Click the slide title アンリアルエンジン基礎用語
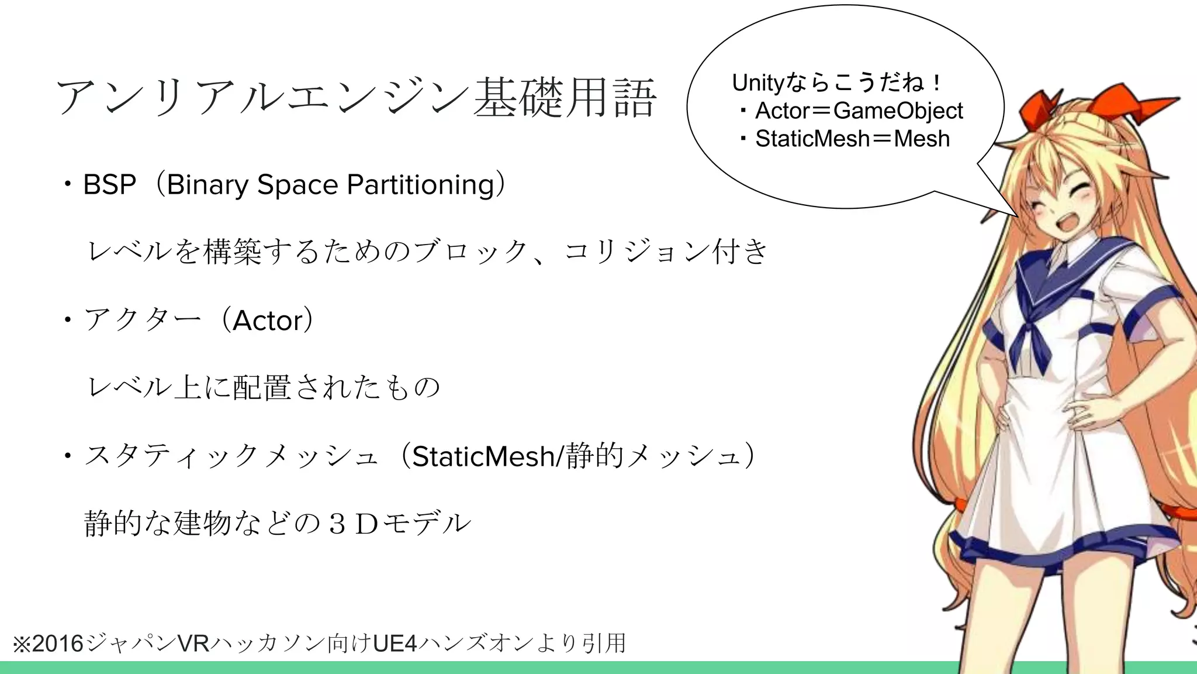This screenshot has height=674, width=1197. (357, 97)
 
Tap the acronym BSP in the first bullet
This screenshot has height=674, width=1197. (109, 185)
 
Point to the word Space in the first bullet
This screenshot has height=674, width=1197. (297, 185)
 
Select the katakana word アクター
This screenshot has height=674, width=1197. (143, 321)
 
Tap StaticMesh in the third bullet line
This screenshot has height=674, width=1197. (483, 456)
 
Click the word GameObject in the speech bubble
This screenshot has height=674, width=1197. (898, 111)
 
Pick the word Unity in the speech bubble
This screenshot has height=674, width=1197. (757, 83)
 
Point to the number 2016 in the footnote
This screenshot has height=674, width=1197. (58, 644)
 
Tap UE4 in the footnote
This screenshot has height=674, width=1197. (395, 644)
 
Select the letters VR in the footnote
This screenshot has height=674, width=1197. (193, 644)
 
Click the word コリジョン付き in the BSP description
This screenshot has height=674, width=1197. (666, 252)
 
